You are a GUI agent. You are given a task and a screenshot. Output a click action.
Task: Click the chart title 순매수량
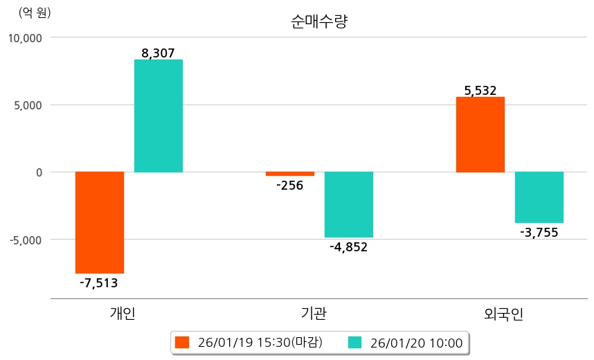pos(319,21)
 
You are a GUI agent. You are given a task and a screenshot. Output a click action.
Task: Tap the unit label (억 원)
pos(35,12)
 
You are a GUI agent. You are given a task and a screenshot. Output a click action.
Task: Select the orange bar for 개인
pos(100,222)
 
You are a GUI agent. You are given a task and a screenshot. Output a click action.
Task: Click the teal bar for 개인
pos(159,116)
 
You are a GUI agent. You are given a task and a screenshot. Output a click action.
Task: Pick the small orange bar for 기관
pos(290,174)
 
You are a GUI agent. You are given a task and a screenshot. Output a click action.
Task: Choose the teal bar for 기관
pos(349,204)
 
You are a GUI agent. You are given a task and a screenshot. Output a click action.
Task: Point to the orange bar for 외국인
pos(480,134)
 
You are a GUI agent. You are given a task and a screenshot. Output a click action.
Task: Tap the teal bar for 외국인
pos(539,197)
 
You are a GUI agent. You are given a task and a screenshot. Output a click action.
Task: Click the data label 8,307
pos(158,52)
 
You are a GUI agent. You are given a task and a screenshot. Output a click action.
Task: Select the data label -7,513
pos(99,282)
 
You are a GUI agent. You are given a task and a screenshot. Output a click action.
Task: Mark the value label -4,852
pos(349,246)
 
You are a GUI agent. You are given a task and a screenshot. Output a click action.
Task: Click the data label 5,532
pos(480,90)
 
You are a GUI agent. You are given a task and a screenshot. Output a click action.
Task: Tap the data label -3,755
pos(539,232)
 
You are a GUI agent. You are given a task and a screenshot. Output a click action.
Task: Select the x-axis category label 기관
pos(314,314)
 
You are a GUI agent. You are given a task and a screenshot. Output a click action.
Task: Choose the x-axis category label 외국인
pos(504,314)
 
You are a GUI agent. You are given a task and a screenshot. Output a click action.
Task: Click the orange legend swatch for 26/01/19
pos(182,343)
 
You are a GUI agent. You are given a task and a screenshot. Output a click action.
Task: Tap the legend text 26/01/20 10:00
pos(416,343)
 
